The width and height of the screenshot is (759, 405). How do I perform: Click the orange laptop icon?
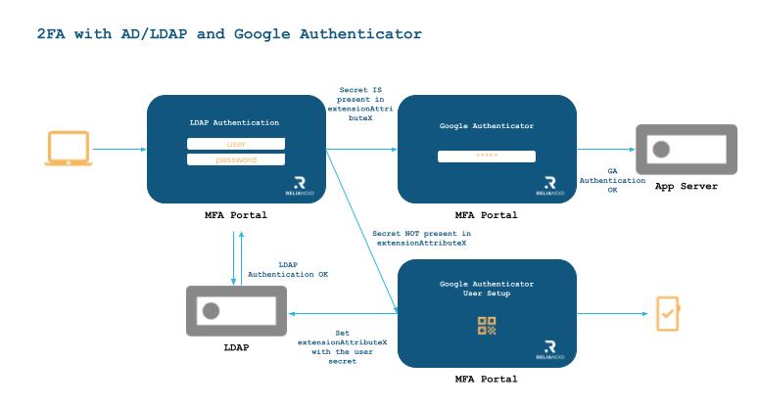[x=69, y=149]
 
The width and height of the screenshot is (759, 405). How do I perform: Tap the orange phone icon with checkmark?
[x=668, y=314]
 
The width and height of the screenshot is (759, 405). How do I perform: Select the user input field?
[x=236, y=144]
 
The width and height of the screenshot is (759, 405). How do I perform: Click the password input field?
[x=236, y=159]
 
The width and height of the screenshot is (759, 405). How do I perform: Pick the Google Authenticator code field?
[x=487, y=157]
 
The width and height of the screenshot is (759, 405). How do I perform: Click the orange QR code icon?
[x=487, y=326]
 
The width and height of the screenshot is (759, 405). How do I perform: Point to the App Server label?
[x=686, y=186]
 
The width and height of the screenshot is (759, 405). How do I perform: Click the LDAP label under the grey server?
[x=236, y=347]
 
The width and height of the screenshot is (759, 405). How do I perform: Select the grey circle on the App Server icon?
[x=661, y=150]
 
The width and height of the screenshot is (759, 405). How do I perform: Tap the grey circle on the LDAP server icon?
[x=211, y=311]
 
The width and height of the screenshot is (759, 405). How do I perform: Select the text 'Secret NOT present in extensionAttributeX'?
[x=421, y=239]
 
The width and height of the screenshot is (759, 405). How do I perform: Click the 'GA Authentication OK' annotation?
[x=612, y=180]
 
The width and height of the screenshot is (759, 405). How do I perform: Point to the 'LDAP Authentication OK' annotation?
[x=288, y=270]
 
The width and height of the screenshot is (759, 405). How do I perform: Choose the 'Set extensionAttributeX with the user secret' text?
[x=342, y=347]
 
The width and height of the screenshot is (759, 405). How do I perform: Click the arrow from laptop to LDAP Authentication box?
[x=119, y=150]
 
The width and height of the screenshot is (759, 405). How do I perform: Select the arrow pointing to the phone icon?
[x=612, y=314]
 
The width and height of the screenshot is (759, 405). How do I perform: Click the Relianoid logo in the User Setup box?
[x=549, y=350]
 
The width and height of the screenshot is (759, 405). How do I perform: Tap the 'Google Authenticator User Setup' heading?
[x=487, y=289]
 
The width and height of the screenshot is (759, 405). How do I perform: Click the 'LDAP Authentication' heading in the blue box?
[x=234, y=122]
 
